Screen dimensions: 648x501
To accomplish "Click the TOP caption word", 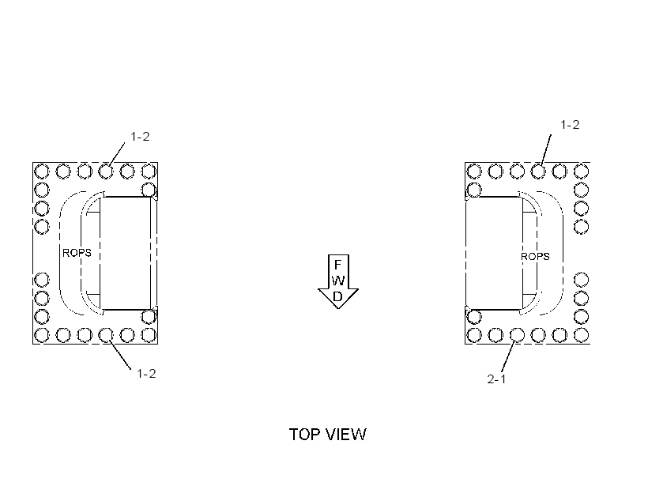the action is coord(305,435).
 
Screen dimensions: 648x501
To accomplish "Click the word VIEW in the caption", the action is coord(346,435).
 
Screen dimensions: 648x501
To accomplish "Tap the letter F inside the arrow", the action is coord(337,265).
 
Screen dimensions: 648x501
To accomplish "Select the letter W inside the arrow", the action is coord(338,281).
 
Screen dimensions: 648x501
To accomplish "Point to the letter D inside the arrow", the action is coord(337,296).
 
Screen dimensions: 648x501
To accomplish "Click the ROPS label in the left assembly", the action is coord(77,253).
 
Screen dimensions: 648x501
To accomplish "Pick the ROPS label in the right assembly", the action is coord(535,257).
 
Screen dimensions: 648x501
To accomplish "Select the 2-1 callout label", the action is coord(496,379).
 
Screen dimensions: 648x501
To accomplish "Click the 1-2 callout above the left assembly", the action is coord(140,137).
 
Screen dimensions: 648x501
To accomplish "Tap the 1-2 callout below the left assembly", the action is coord(146,374).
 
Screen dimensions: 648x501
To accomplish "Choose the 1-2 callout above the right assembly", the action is coord(570,124).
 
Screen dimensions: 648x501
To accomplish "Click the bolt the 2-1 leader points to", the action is coord(517,335).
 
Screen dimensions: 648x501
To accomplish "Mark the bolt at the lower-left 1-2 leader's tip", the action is coord(106,335).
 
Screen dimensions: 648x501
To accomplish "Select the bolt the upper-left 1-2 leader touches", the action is coord(106,171).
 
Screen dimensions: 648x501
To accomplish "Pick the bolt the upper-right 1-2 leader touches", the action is coord(538,171).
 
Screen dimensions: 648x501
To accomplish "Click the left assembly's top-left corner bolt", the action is coord(41,171).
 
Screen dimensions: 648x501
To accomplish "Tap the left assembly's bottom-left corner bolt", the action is coord(41,335).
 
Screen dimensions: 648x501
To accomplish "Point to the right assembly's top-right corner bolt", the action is coord(582,171).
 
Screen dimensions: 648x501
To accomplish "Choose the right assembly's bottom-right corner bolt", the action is coord(582,335).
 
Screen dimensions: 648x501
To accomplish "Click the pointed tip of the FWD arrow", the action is coord(338,308).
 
